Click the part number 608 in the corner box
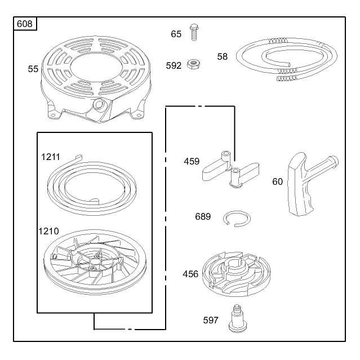[x=25, y=24]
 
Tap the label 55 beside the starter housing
[x=33, y=69]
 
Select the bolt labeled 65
[x=194, y=32]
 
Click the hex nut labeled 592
[x=193, y=64]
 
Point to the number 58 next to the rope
[x=222, y=57]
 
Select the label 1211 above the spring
[x=51, y=157]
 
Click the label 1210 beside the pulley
[x=48, y=231]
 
